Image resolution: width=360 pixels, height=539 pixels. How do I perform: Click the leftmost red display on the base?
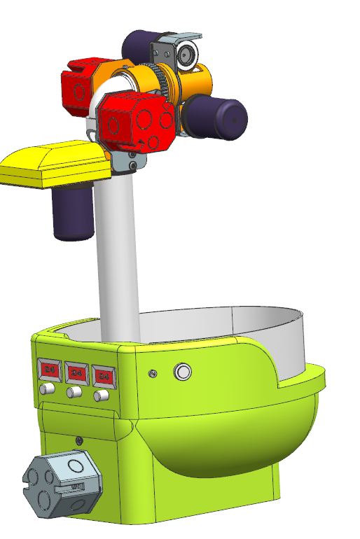tap(50, 368)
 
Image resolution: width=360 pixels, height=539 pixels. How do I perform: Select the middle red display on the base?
tap(76, 372)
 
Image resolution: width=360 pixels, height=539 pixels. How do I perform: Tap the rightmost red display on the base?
tap(104, 376)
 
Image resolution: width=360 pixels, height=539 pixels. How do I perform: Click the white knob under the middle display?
tap(74, 393)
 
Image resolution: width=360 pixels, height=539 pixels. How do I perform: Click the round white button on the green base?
tap(183, 372)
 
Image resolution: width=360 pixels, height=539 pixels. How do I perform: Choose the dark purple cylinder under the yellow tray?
tap(74, 212)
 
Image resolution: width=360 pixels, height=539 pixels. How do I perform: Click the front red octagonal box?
tap(137, 121)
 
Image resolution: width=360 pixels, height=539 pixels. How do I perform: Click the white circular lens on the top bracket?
tap(186, 55)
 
